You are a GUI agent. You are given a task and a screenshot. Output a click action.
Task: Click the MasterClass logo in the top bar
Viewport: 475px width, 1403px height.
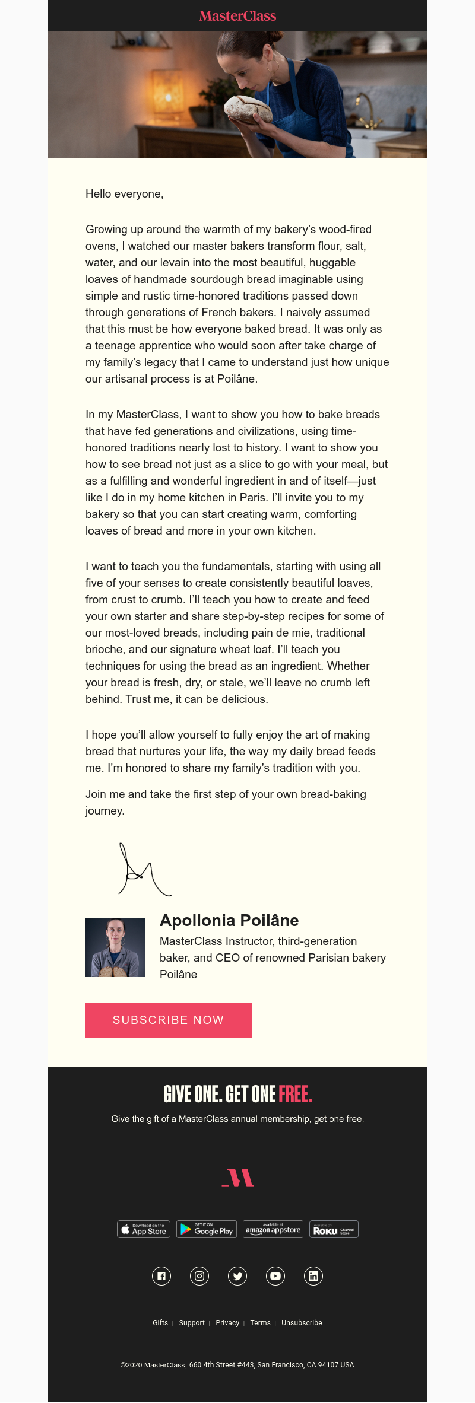(x=237, y=16)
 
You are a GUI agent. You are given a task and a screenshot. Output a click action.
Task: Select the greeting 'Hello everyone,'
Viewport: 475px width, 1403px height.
(x=124, y=194)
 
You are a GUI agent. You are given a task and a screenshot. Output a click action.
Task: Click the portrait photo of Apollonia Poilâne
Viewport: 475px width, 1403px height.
(x=115, y=947)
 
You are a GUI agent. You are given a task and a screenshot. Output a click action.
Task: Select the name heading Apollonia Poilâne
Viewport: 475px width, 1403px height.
(x=229, y=921)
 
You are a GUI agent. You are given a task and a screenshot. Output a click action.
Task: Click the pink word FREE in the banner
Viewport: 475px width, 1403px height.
(x=295, y=1094)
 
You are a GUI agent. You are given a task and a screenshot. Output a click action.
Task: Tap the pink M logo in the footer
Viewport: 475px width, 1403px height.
(x=238, y=1178)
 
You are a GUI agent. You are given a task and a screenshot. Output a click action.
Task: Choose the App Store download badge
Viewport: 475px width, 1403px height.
(x=144, y=1229)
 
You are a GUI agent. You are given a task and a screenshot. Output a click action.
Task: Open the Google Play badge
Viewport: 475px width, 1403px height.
(x=207, y=1229)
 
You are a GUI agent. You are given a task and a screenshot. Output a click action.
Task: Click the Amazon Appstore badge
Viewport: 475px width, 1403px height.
(x=273, y=1229)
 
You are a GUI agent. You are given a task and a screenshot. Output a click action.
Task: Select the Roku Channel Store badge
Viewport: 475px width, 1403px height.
(x=334, y=1229)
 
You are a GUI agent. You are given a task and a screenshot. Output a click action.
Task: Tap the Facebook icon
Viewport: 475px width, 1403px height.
(x=161, y=1276)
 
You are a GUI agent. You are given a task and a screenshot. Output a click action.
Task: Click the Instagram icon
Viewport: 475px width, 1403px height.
(x=199, y=1276)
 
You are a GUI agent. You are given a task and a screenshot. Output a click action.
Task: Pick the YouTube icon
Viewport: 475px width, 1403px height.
(x=275, y=1276)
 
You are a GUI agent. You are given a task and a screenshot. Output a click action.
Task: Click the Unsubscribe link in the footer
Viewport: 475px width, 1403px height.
(x=302, y=1323)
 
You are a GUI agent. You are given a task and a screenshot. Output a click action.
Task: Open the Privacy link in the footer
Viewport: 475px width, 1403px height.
(x=227, y=1323)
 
